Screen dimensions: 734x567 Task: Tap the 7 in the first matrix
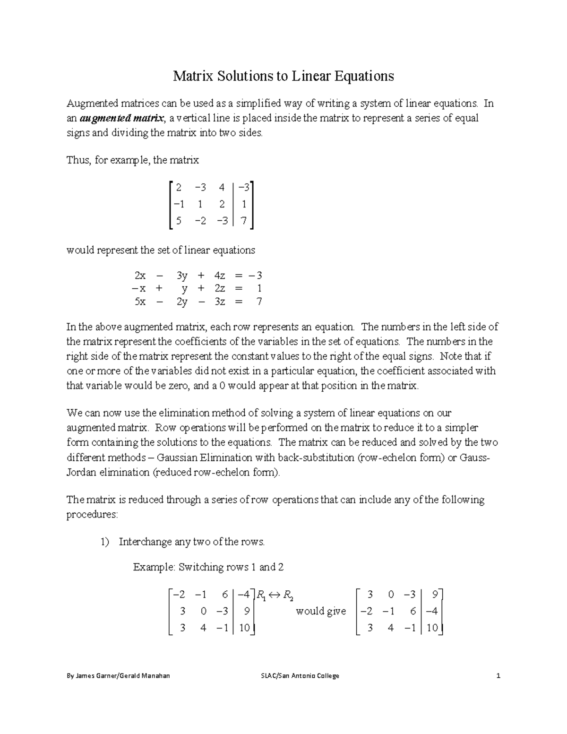(x=243, y=220)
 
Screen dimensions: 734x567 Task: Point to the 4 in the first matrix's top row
(x=222, y=187)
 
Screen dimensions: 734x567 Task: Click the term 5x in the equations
(x=140, y=302)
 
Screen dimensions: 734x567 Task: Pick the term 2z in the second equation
(x=220, y=288)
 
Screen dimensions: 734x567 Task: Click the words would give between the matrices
(x=320, y=611)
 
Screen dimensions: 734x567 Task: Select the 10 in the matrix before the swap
(x=244, y=628)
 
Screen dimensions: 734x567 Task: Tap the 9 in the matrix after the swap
(x=434, y=594)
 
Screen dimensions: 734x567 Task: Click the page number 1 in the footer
(x=498, y=676)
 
